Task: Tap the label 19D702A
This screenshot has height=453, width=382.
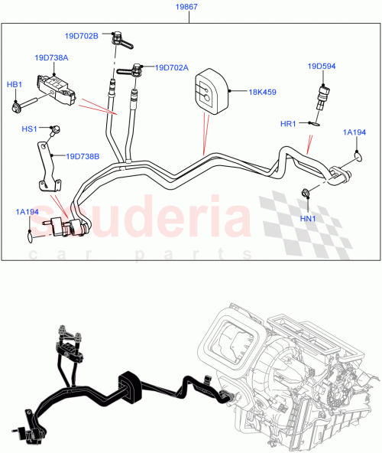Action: [x=172, y=67]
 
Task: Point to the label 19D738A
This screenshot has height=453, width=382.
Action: [x=51, y=57]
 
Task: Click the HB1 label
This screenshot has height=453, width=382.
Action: [x=15, y=84]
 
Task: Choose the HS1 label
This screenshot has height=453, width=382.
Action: [x=30, y=129]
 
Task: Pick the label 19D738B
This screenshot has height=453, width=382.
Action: [x=83, y=156]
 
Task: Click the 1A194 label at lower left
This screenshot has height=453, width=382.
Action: [x=29, y=211]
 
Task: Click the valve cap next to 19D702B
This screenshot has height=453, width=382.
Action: [x=118, y=37]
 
